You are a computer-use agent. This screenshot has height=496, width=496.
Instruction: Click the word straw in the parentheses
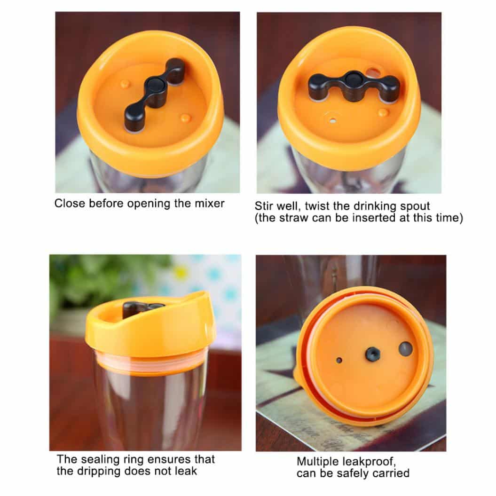point(296,218)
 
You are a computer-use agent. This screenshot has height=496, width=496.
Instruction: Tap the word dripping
point(98,472)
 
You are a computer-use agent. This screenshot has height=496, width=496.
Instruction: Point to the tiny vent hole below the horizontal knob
point(333,120)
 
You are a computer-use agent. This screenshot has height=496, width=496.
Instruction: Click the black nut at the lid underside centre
point(373,354)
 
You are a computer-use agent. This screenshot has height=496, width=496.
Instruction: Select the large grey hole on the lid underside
point(406,348)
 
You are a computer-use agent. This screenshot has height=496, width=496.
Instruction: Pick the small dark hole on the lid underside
point(339,360)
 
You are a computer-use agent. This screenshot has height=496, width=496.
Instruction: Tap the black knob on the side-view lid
point(143,308)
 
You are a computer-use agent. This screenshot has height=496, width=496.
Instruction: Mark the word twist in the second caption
point(317,206)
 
